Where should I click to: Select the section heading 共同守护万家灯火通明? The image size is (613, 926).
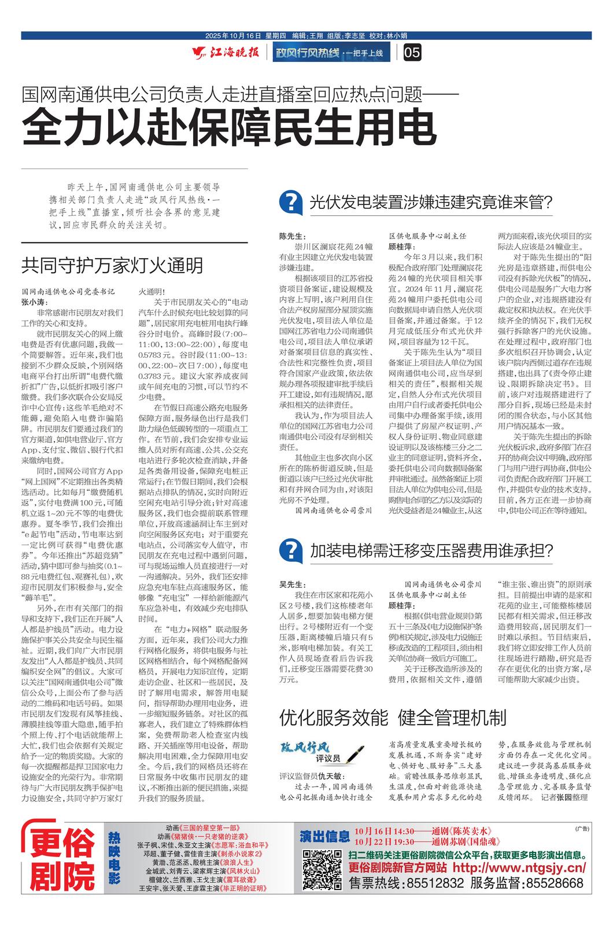coord(112,265)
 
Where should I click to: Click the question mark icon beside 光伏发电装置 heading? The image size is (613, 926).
coord(291,202)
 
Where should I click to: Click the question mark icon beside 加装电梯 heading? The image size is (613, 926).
coord(291,549)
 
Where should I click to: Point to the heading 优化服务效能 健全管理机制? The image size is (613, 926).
coord(393,718)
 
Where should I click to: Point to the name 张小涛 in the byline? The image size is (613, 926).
coord(34,302)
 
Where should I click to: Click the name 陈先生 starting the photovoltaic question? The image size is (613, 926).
coord(291,236)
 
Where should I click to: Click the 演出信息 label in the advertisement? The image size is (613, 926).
coord(325,836)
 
